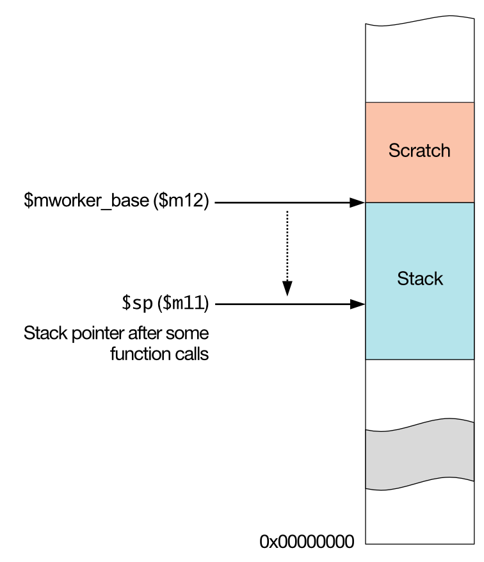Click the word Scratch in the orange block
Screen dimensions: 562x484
point(419,151)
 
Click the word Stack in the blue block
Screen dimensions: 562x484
point(419,279)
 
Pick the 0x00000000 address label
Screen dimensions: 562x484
point(307,542)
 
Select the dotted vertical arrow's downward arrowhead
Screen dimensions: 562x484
point(287,290)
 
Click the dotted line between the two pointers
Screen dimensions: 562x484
point(287,247)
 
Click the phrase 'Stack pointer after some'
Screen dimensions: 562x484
point(117,334)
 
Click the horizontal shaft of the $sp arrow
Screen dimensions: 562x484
point(282,304)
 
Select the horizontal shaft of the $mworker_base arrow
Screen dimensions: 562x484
point(282,203)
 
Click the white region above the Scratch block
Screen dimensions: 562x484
point(419,64)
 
